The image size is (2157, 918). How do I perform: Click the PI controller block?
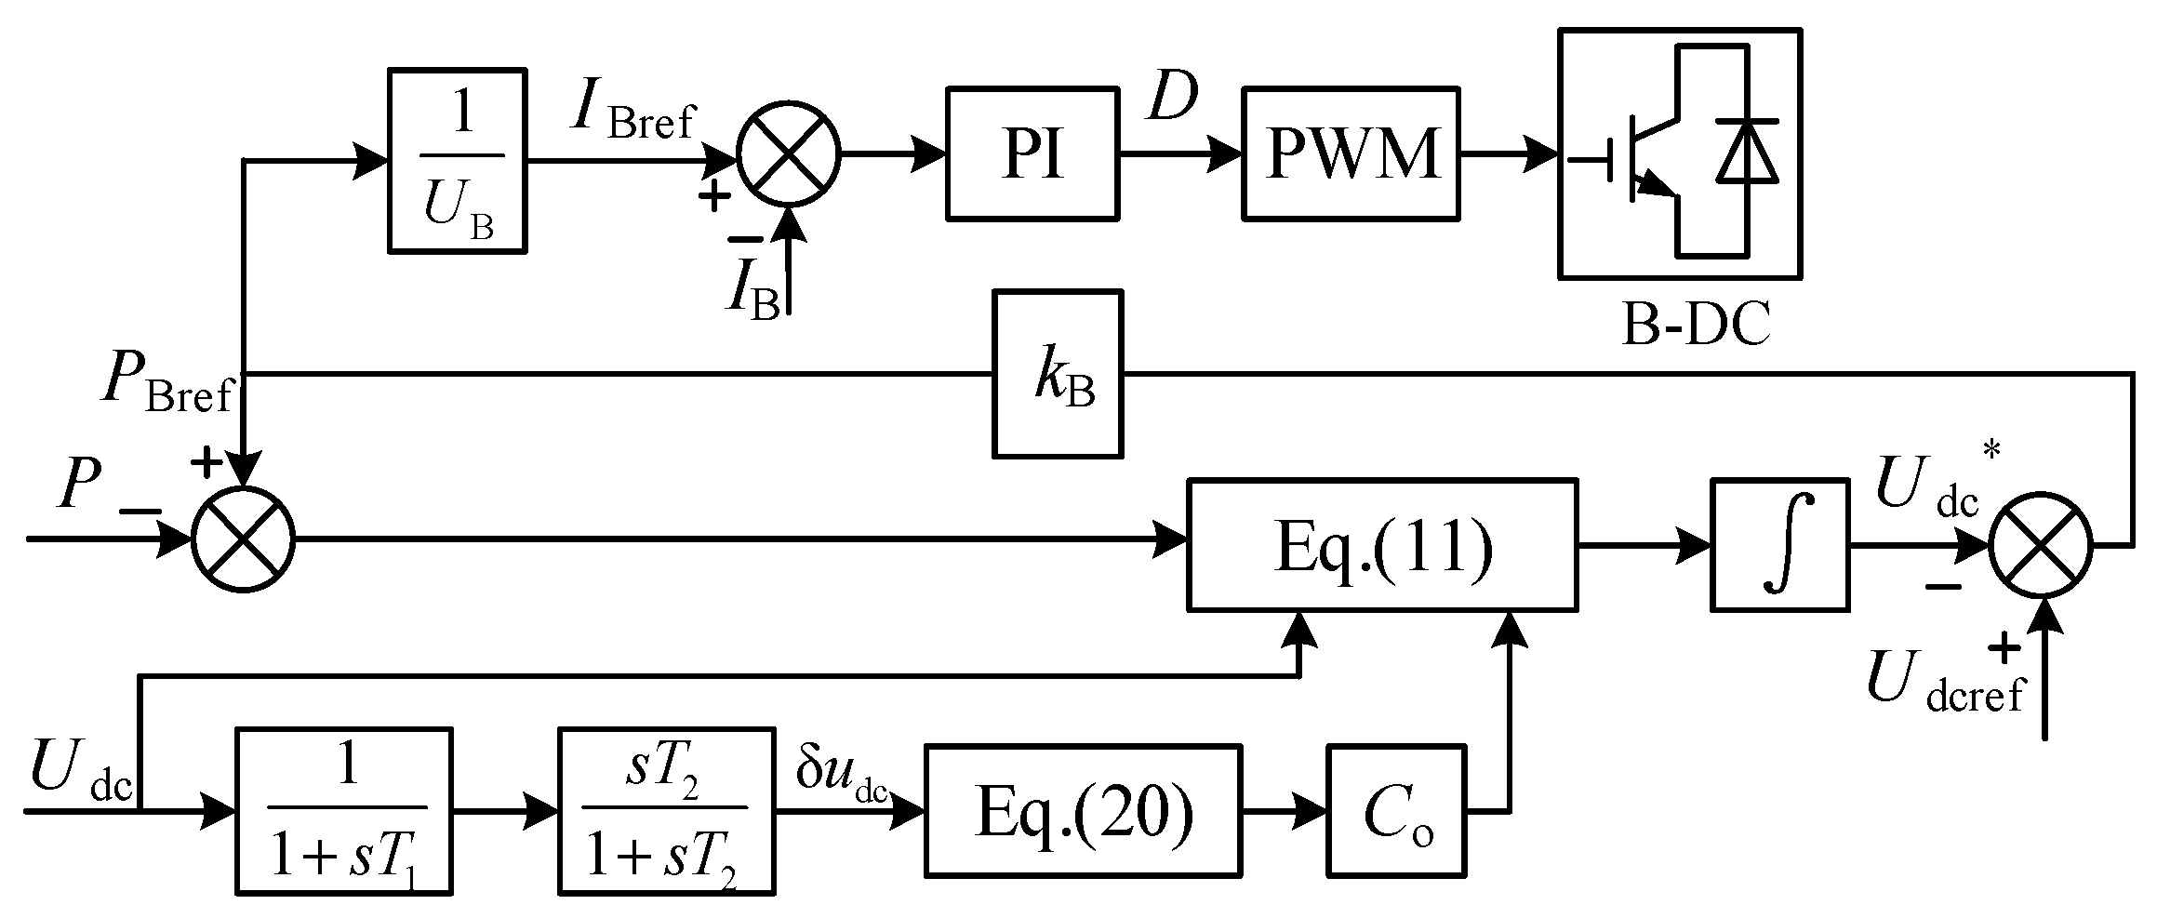[x=1032, y=153]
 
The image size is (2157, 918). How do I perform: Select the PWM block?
[x=1351, y=153]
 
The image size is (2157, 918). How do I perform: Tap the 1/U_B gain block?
[x=457, y=160]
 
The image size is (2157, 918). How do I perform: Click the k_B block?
[x=1058, y=374]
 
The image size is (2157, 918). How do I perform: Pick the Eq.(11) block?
[x=1382, y=545]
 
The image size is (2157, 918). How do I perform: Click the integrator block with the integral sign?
[x=1778, y=545]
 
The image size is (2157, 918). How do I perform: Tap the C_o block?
[x=1396, y=810]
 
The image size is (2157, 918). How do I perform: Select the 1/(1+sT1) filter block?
[x=345, y=811]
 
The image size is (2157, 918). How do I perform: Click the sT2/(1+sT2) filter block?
[x=666, y=811]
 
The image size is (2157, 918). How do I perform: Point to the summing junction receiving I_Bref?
[x=788, y=153]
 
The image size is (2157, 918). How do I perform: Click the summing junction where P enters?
[x=243, y=539]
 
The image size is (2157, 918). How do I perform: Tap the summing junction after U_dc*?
[x=2040, y=546]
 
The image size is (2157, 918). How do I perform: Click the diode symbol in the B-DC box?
[x=1747, y=151]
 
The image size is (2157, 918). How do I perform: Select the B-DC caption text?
[x=1695, y=326]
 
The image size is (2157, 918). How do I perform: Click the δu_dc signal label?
[x=842, y=774]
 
